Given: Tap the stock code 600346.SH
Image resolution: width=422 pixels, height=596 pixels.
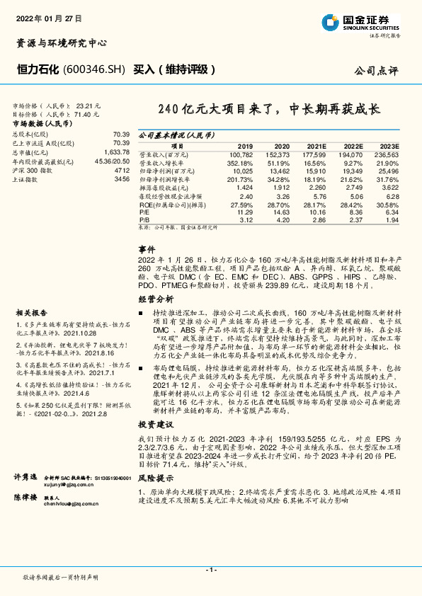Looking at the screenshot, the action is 94,69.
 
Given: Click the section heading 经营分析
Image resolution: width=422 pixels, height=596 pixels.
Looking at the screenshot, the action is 152,300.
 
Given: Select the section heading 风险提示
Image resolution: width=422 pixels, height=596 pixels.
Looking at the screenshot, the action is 152,478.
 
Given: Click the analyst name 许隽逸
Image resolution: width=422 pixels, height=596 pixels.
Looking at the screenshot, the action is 25,479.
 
